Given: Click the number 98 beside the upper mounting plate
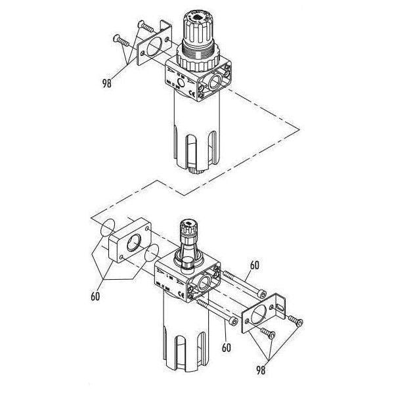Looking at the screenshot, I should (x=107, y=83).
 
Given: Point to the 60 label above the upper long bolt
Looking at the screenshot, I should (x=255, y=265).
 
